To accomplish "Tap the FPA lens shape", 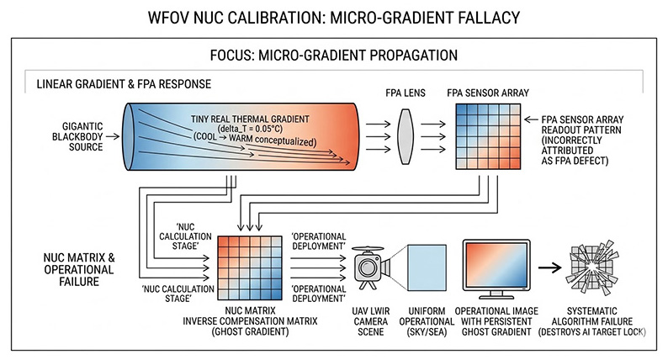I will click(x=406, y=134).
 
